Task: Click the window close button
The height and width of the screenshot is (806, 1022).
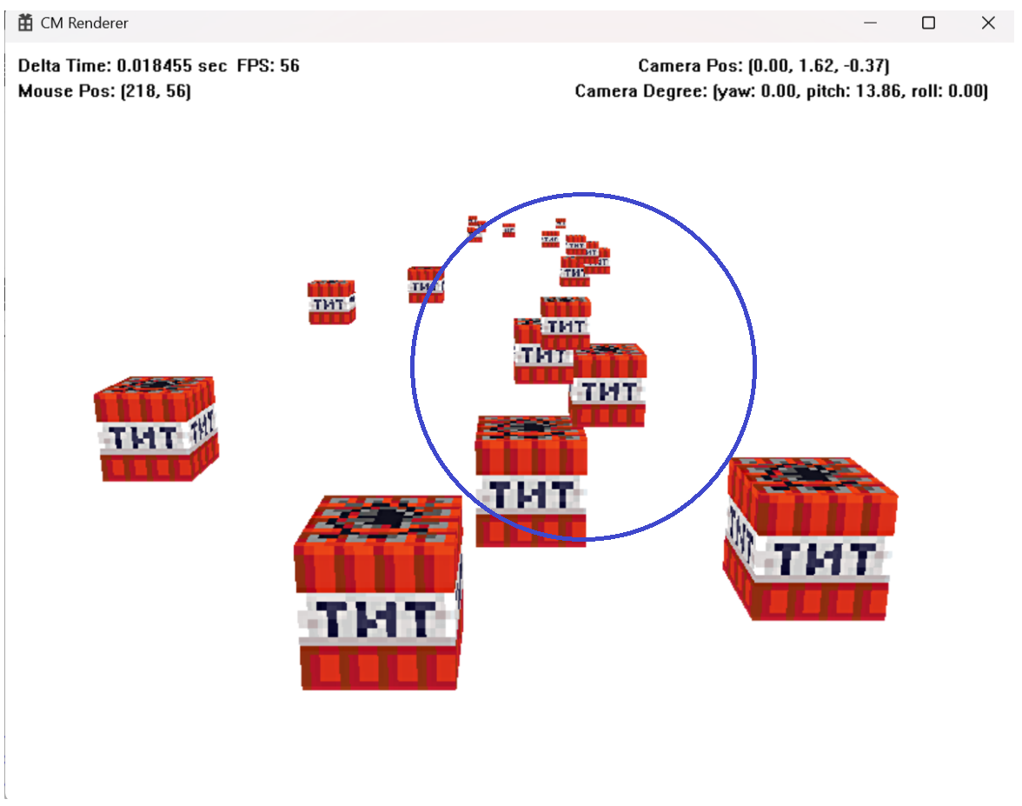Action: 988,23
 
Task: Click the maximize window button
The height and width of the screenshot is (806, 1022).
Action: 928,23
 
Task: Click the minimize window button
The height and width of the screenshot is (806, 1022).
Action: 869,23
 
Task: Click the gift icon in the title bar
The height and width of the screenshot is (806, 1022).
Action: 25,23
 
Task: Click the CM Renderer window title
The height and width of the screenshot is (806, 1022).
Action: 84,23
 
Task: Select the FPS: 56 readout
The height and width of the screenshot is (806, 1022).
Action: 268,66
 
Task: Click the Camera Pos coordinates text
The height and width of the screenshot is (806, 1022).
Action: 818,66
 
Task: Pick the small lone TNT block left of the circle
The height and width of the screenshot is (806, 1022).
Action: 331,303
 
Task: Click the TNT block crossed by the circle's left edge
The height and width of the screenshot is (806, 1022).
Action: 426,284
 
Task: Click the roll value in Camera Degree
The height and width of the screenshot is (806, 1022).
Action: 966,91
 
